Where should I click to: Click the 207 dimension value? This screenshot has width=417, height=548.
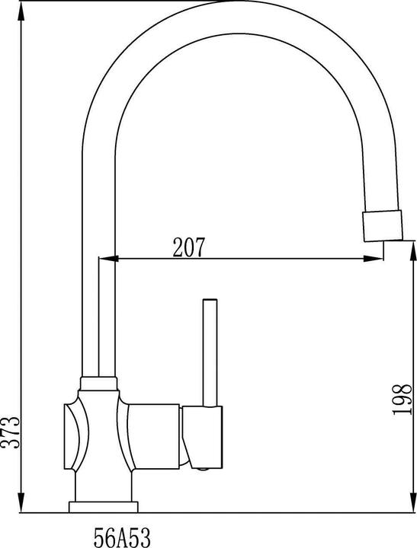pyautogui.click(x=190, y=247)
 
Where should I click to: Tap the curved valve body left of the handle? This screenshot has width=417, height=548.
pyautogui.click(x=74, y=438)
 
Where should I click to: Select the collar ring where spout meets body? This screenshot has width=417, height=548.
pyautogui.click(x=98, y=379)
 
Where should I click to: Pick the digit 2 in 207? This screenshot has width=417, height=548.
pyautogui.click(x=178, y=247)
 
